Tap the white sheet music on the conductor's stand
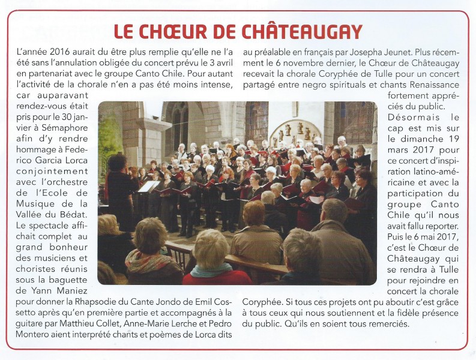coord(148,186)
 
